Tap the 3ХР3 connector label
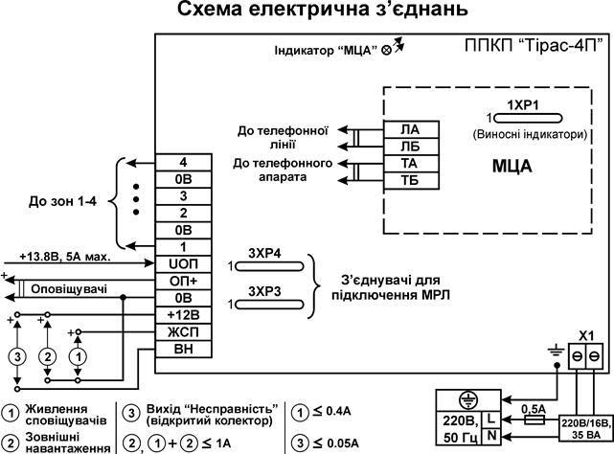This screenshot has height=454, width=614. point(265,289)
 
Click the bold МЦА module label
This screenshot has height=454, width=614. point(512,167)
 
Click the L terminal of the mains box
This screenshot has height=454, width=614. point(489,420)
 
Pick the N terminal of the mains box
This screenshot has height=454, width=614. point(489,437)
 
